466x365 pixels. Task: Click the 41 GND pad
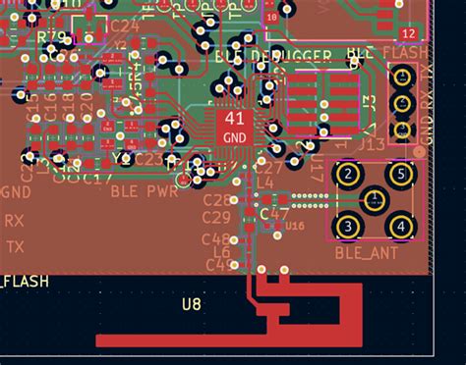(x=235, y=128)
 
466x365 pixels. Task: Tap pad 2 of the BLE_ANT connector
(x=346, y=176)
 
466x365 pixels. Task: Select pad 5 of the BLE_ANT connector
(x=399, y=176)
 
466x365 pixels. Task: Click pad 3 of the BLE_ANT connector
(x=346, y=228)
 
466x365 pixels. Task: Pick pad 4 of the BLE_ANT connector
(x=399, y=228)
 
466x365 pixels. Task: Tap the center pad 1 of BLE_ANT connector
(x=373, y=201)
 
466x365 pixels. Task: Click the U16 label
(x=296, y=226)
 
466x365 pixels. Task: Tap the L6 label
(x=221, y=252)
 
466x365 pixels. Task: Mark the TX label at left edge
(x=14, y=248)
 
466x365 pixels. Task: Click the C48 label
(x=215, y=238)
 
